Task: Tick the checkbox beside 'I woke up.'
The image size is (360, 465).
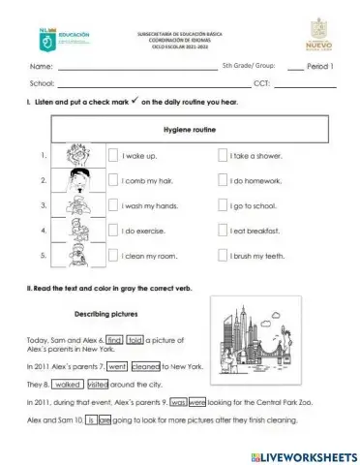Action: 113,155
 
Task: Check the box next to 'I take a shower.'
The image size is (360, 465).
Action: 223,155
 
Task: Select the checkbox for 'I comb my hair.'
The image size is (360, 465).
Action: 113,180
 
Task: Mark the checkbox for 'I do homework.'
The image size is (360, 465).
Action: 223,180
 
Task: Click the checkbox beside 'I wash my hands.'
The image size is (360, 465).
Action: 113,205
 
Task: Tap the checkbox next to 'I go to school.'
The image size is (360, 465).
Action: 223,205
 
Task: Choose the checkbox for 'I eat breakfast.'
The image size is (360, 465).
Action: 223,231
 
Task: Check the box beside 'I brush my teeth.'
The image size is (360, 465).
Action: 223,256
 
